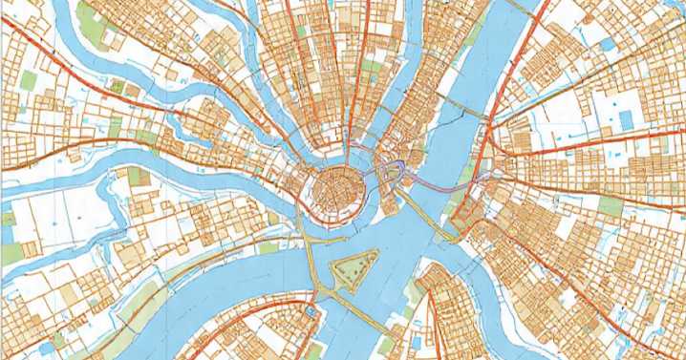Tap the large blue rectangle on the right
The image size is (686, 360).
point(627,120)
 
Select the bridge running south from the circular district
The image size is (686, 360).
point(311,258)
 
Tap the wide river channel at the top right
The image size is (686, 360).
point(506,57)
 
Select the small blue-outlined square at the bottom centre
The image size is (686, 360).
point(312,311)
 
